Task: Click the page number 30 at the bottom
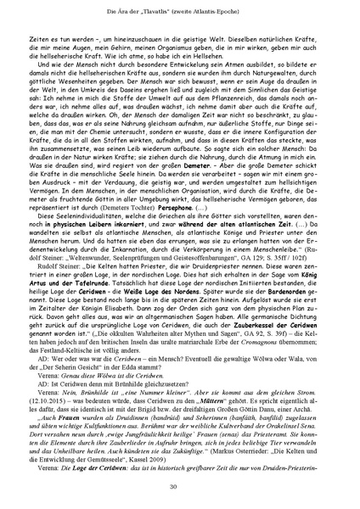tap(180, 486)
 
